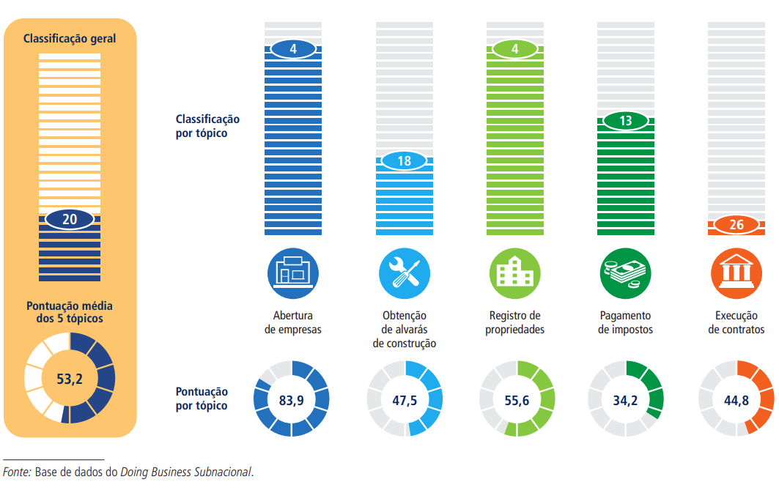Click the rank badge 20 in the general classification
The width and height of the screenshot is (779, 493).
coord(70,218)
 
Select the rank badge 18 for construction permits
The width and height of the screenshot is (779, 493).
coord(404,161)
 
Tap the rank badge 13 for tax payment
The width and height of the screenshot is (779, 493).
coord(626,120)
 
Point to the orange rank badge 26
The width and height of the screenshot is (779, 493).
coord(736,224)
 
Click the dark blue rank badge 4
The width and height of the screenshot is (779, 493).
coord(293,49)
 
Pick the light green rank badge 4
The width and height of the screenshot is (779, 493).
coord(514,49)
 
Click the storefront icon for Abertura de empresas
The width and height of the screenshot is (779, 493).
coord(292,273)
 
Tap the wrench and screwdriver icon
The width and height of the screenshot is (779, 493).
coord(404,273)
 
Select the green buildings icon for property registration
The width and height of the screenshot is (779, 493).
coord(514,273)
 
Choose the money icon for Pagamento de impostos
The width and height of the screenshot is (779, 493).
coord(625,273)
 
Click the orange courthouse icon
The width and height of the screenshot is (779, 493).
coord(736,273)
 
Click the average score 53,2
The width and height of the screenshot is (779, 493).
coord(70,378)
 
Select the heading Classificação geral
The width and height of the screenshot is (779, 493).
coord(70,38)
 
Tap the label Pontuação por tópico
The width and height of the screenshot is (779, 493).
coord(202,399)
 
